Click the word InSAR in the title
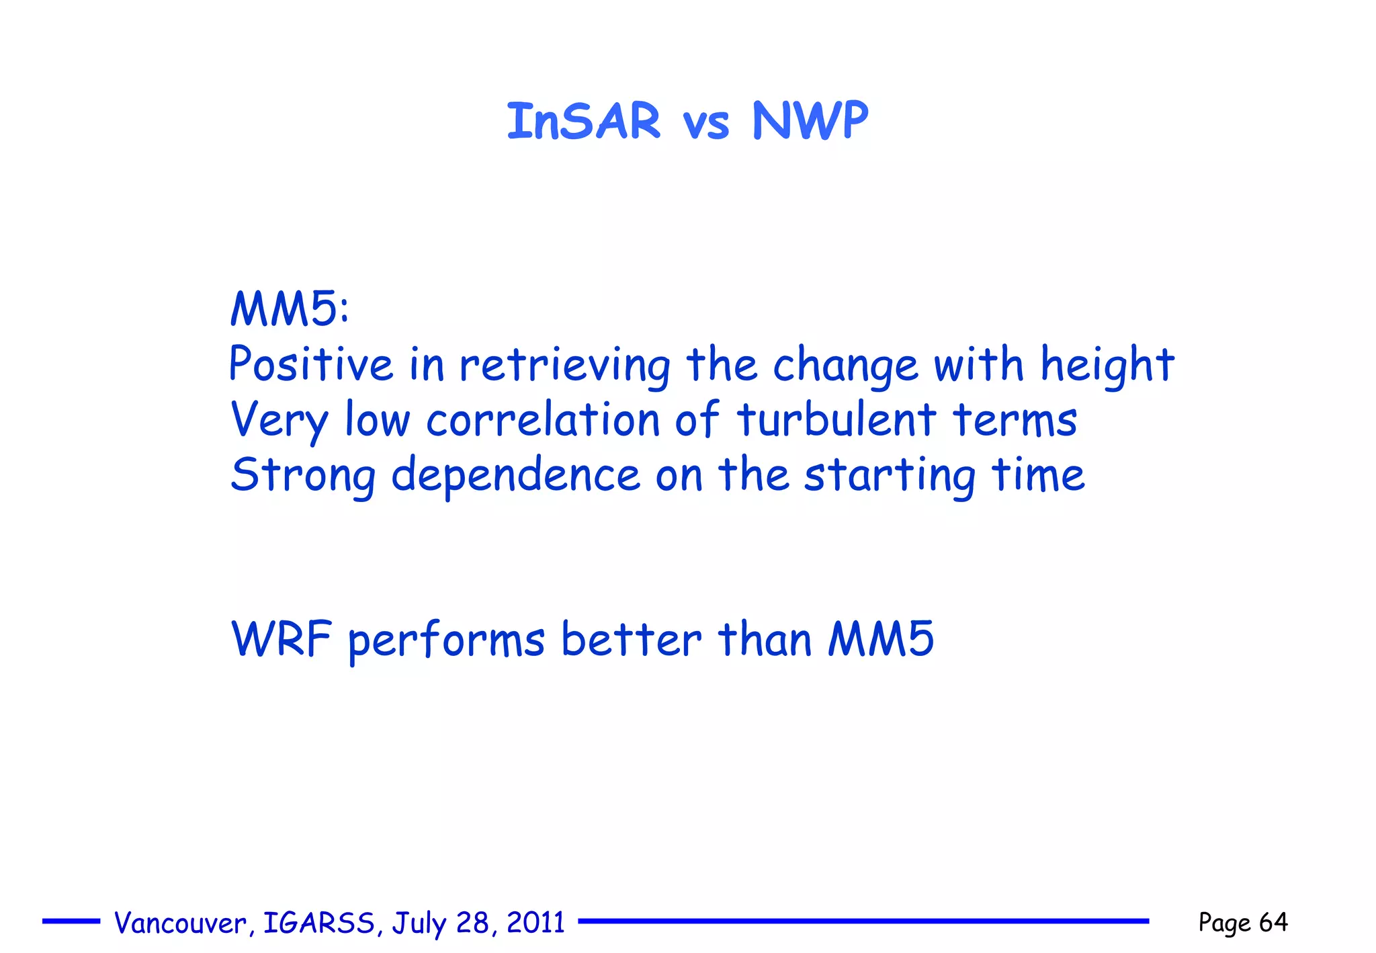(583, 122)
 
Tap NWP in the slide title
(810, 122)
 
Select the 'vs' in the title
(705, 125)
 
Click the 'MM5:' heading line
(290, 309)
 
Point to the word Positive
(310, 364)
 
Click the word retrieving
(564, 366)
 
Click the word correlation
(543, 420)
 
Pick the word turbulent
(836, 420)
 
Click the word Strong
(303, 476)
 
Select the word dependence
(515, 474)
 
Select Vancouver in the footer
(181, 923)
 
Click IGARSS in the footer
(319, 923)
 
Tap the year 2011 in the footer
(535, 922)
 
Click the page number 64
(1273, 922)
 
